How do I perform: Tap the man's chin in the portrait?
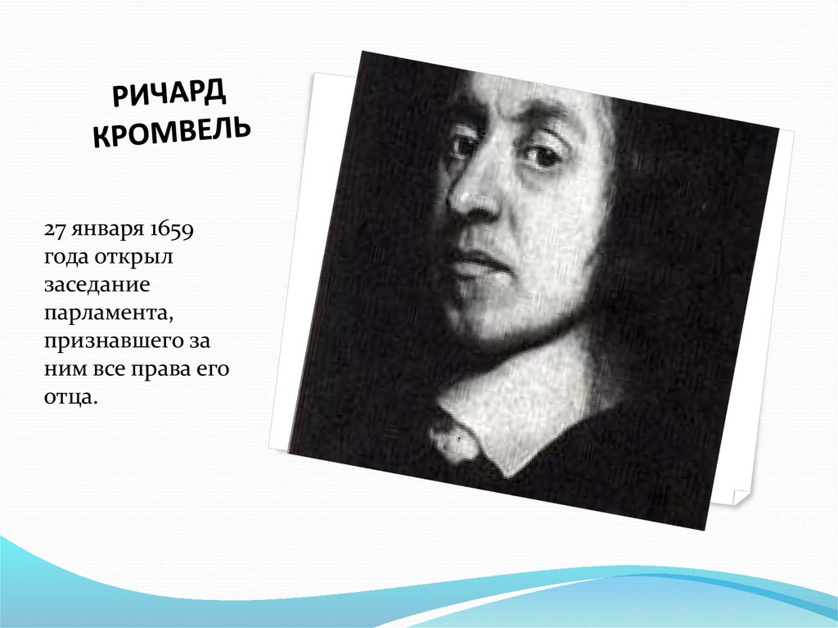tap(495, 315)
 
